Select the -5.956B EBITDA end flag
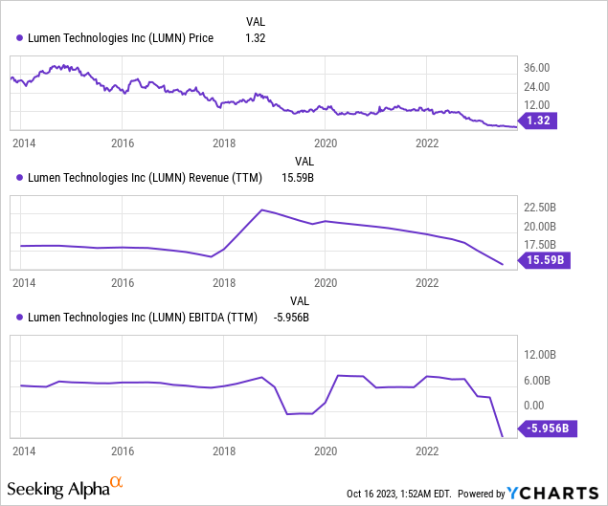pyautogui.click(x=549, y=429)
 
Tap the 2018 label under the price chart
pyautogui.click(x=224, y=143)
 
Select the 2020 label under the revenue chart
pyautogui.click(x=327, y=283)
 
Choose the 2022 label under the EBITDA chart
pyautogui.click(x=428, y=450)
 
